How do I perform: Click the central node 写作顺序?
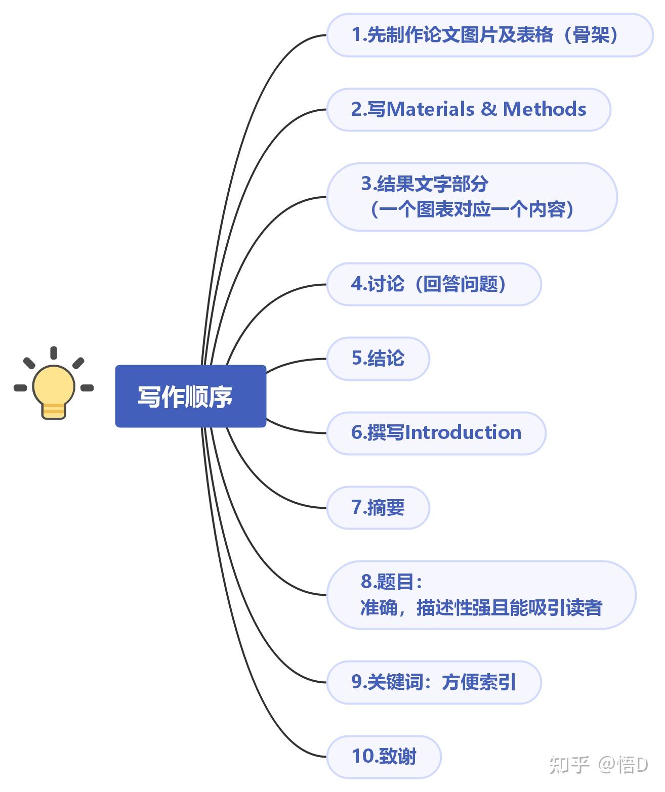point(190,396)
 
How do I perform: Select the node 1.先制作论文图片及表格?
point(490,35)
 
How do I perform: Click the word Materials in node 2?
point(430,109)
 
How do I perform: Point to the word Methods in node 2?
point(545,109)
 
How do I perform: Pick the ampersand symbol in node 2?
point(489,109)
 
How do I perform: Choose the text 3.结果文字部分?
point(424,184)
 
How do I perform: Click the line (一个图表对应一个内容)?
point(472,209)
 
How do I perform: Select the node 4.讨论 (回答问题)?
point(434,284)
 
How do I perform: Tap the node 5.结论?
point(378,359)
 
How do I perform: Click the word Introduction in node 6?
point(464,432)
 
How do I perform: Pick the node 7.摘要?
point(378,508)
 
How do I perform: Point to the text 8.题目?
point(392,582)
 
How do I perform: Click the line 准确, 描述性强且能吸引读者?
point(481,607)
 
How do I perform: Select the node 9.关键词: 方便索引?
point(434,682)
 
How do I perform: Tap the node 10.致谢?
point(384,757)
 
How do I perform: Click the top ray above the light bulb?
point(54,353)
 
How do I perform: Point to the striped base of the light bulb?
point(54,411)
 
